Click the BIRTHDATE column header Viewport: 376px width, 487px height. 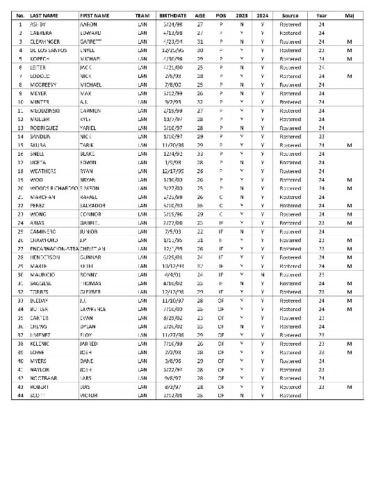(x=172, y=15)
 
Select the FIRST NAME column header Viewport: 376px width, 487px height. (x=94, y=15)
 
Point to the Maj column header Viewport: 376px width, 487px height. (x=349, y=15)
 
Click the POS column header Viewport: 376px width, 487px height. (x=220, y=15)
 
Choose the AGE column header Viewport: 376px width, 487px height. (x=200, y=15)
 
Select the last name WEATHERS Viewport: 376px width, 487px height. (x=43, y=170)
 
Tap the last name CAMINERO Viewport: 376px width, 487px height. (x=44, y=230)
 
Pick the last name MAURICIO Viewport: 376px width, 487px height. (x=44, y=274)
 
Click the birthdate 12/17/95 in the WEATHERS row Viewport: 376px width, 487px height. (x=172, y=170)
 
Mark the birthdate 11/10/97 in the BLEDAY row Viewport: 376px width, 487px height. (x=172, y=300)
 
